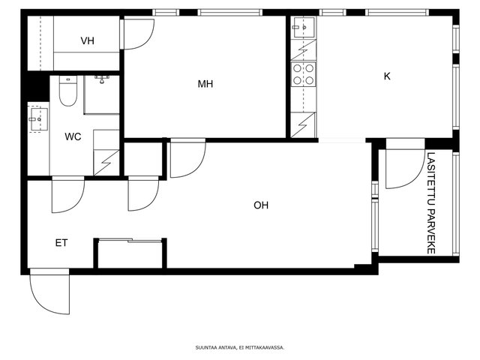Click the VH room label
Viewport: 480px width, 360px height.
pyautogui.click(x=87, y=40)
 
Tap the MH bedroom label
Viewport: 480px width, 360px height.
pyautogui.click(x=205, y=84)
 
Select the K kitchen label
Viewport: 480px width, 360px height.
pyautogui.click(x=387, y=76)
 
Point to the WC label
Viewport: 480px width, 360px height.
pyautogui.click(x=73, y=136)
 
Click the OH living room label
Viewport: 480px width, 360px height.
pyautogui.click(x=261, y=205)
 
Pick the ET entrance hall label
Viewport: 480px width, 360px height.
pyautogui.click(x=61, y=243)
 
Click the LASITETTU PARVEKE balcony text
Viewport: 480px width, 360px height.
pyautogui.click(x=431, y=203)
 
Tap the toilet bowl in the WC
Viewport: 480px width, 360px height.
pyautogui.click(x=68, y=91)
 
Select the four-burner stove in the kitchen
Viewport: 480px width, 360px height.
pyautogui.click(x=303, y=74)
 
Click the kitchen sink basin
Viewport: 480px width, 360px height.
pyautogui.click(x=303, y=28)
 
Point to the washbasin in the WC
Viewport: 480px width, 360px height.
pyautogui.click(x=38, y=119)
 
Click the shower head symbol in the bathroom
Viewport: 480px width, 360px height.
pyautogui.click(x=102, y=79)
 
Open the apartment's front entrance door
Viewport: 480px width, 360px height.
pyautogui.click(x=50, y=292)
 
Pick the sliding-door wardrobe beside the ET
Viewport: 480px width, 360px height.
pyautogui.click(x=130, y=253)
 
